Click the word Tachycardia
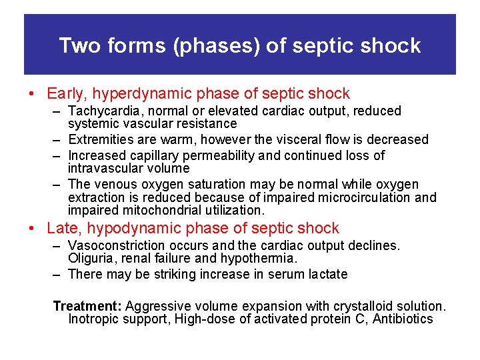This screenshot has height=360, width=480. click(100, 111)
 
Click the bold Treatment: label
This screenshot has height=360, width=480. click(87, 307)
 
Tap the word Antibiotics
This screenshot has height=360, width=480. click(403, 319)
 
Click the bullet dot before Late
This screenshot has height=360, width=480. click(32, 229)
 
